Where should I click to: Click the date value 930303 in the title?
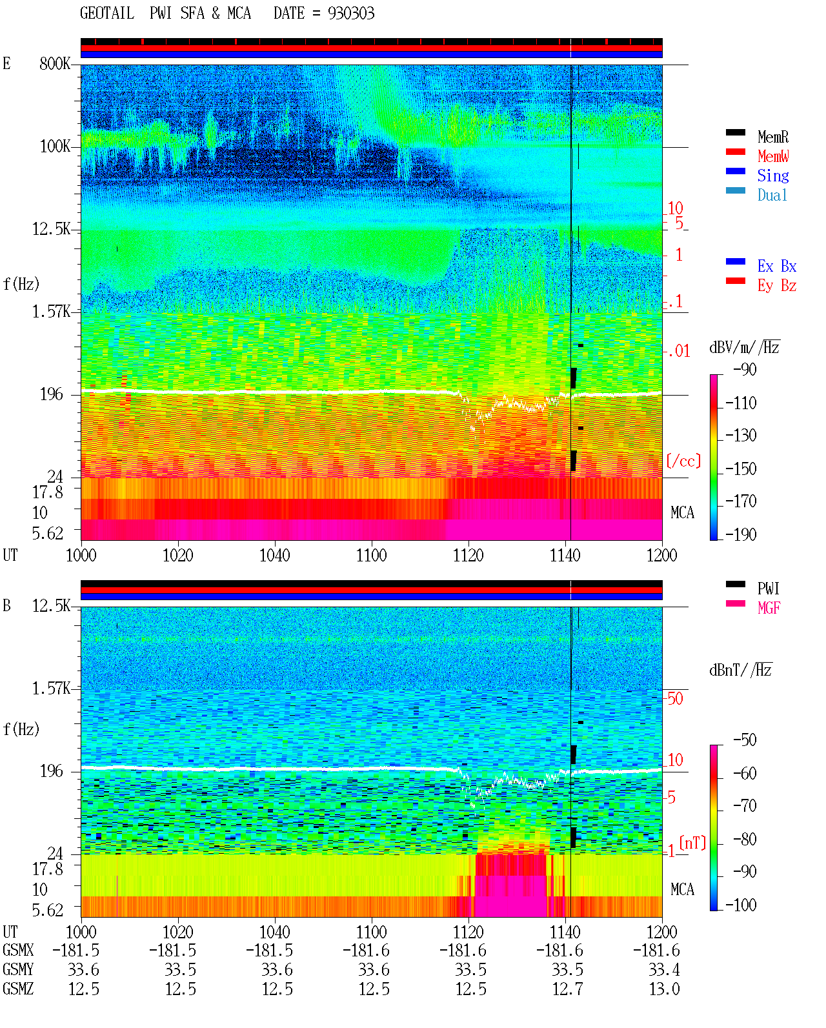coord(351,14)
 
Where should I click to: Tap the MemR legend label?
coord(773,137)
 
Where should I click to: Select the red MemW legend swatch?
coord(735,152)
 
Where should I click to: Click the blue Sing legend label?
coord(773,176)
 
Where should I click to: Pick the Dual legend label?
coord(772,195)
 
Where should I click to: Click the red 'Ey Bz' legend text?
coord(777,286)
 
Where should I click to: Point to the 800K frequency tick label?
coord(55,63)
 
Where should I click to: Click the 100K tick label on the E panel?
coord(55,146)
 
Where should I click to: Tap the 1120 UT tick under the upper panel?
coord(468,555)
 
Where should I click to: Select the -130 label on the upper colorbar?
coord(741,436)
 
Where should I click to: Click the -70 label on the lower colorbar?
coord(745,806)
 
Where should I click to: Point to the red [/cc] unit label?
coord(683,461)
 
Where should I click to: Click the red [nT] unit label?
coord(692,842)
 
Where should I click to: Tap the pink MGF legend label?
coord(769,608)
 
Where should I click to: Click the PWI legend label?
coord(768,588)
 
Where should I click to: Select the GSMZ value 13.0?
coord(664,989)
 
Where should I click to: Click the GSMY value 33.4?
coord(664,970)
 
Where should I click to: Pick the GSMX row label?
coord(18,950)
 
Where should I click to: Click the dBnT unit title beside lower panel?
coord(741,670)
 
